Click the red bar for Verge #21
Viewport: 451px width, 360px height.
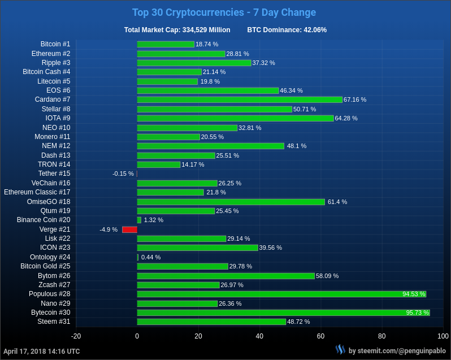pyautogui.click(x=129, y=229)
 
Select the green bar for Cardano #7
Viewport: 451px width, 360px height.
pyautogui.click(x=240, y=99)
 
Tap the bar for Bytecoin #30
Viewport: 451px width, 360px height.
pyautogui.click(x=283, y=313)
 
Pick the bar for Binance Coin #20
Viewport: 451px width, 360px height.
pyautogui.click(x=139, y=220)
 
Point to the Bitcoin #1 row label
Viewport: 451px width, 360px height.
pyautogui.click(x=55, y=44)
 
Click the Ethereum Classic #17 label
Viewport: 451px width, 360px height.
pyautogui.click(x=37, y=192)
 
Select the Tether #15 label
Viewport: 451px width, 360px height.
pyautogui.click(x=54, y=174)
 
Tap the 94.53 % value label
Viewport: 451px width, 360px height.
pyautogui.click(x=414, y=294)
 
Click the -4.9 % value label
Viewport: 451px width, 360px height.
pyautogui.click(x=109, y=229)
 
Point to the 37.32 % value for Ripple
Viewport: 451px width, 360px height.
pyautogui.click(x=263, y=63)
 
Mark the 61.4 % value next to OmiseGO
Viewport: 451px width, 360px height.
pyautogui.click(x=337, y=202)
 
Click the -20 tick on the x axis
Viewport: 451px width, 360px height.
pyautogui.click(x=76, y=336)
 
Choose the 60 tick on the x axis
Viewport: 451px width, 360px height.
pyautogui.click(x=320, y=336)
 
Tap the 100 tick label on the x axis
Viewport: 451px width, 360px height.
pyautogui.click(x=443, y=336)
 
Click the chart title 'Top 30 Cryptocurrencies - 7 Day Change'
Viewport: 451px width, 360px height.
pyautogui.click(x=224, y=12)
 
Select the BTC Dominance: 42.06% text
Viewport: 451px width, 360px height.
pyautogui.click(x=287, y=30)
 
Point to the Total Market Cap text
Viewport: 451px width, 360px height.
pyautogui.click(x=177, y=30)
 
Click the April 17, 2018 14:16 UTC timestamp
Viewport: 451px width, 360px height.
pyautogui.click(x=42, y=351)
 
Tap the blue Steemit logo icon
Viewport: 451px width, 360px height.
pyautogui.click(x=340, y=350)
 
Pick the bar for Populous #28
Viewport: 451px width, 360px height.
pyautogui.click(x=281, y=294)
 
